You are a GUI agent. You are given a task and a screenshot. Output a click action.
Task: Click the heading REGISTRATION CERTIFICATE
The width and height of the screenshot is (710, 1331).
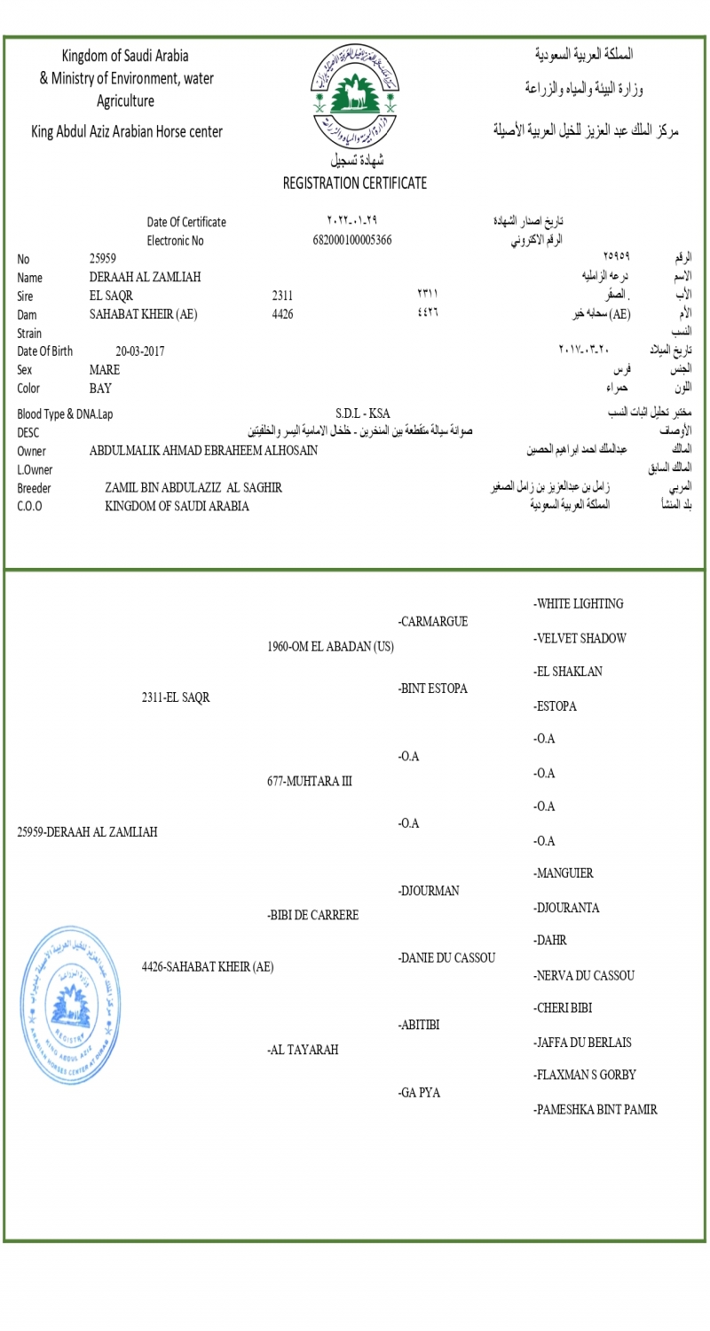pyautogui.click(x=354, y=184)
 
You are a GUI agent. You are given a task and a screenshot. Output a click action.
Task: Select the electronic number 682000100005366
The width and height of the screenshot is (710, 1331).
pyautogui.click(x=352, y=240)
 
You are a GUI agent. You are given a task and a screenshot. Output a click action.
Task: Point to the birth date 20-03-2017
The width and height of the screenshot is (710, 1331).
pyautogui.click(x=139, y=350)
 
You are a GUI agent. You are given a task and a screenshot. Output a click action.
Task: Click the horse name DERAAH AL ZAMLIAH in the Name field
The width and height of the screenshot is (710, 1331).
pyautogui.click(x=145, y=277)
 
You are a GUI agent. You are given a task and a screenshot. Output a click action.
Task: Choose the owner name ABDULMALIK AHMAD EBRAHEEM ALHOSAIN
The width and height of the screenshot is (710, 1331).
pyautogui.click(x=203, y=451)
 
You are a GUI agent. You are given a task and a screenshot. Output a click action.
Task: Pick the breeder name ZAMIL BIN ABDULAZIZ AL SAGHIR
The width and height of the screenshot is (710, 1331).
pyautogui.click(x=193, y=488)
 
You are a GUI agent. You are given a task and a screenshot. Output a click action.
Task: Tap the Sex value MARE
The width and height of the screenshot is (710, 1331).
pyautogui.click(x=105, y=369)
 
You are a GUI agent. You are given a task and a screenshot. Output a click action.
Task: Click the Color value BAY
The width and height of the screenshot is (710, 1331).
pyautogui.click(x=100, y=388)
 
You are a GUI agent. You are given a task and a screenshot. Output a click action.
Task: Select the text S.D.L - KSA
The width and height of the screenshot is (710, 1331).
pyautogui.click(x=362, y=413)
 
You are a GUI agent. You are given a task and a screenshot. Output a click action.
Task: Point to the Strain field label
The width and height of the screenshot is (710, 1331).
pyautogui.click(x=30, y=333)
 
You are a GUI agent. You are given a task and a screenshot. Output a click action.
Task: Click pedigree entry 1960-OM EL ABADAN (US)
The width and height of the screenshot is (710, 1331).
pyautogui.click(x=330, y=647)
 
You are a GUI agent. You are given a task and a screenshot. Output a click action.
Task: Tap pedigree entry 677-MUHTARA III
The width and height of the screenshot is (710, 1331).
pyautogui.click(x=309, y=782)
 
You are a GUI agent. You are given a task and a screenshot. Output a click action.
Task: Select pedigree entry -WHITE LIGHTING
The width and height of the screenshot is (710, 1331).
pyautogui.click(x=578, y=604)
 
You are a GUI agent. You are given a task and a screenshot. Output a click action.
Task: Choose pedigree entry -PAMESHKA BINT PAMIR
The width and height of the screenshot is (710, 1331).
pyautogui.click(x=595, y=1110)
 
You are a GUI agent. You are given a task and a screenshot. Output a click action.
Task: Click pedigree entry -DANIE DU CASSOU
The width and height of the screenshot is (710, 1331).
pyautogui.click(x=446, y=958)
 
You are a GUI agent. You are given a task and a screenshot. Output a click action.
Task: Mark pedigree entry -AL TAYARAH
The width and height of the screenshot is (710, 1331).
pyautogui.click(x=303, y=1051)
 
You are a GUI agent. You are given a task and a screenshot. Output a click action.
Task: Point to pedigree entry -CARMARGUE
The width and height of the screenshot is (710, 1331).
pyautogui.click(x=432, y=621)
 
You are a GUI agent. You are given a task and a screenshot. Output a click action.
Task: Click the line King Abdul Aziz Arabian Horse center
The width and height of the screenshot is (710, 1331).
pyautogui.click(x=127, y=132)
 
